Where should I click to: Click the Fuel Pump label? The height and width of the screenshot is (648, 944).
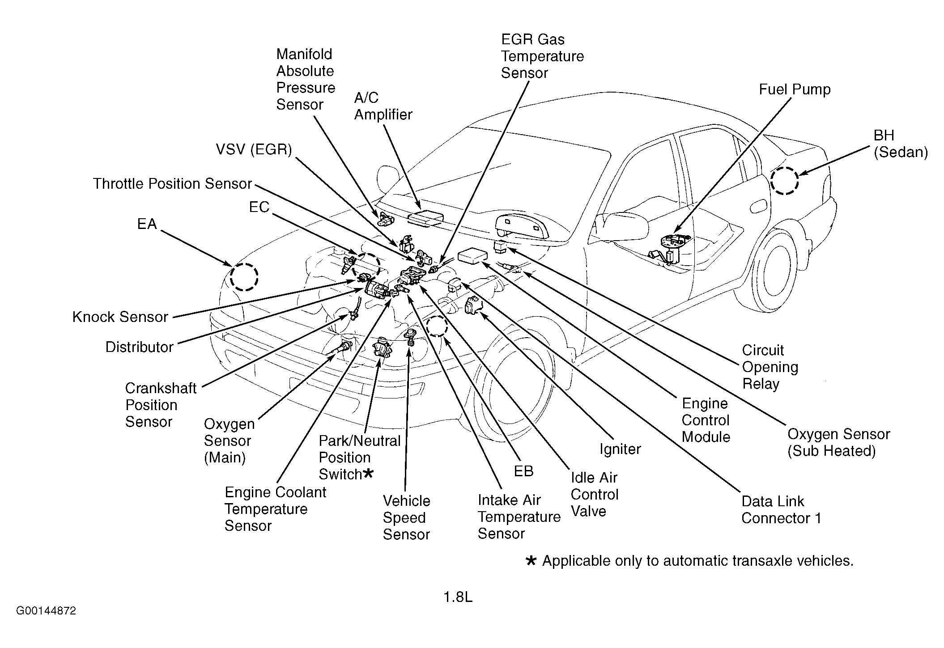[795, 89]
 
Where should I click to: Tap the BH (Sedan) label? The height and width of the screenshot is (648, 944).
[901, 144]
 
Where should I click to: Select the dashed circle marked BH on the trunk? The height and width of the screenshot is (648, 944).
[784, 181]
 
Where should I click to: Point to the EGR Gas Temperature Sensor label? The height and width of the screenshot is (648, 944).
[542, 56]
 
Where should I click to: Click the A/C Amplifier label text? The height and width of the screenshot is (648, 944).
[383, 106]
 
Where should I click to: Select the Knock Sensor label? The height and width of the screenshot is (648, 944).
[120, 317]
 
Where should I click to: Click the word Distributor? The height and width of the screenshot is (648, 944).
[139, 347]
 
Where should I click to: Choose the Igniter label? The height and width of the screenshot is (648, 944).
[620, 449]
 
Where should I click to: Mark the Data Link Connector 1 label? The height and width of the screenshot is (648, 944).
[781, 510]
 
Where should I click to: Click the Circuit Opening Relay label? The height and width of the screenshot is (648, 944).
[770, 367]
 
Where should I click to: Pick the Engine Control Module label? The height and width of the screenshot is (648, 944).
[706, 420]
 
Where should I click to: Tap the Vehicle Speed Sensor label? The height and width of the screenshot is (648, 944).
[406, 517]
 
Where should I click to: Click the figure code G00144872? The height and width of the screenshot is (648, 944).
[46, 611]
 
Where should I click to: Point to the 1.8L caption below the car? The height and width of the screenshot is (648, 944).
[458, 597]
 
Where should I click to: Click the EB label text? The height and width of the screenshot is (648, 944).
[523, 471]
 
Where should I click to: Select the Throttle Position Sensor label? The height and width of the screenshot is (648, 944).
[173, 184]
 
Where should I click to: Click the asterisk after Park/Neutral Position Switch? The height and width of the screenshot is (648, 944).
[368, 473]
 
